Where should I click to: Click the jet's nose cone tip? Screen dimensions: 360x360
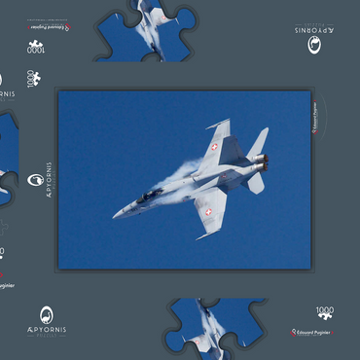coord(115,215)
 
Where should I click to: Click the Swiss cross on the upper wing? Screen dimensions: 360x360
coord(214,147)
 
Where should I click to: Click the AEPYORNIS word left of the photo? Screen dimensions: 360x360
coord(49,179)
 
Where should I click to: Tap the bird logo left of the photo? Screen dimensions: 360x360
coord(35,179)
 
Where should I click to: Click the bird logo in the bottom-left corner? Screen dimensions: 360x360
coord(48,316)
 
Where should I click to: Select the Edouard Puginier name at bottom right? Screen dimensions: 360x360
coord(313,333)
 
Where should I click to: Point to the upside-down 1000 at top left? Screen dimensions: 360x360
coord(35,45)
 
